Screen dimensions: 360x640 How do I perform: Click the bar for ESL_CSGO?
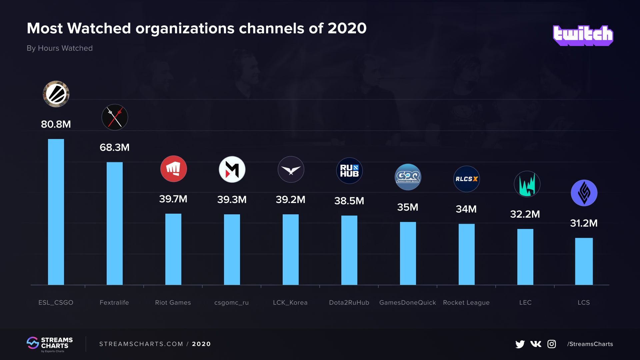[56, 212]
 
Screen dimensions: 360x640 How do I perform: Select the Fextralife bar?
[115, 223]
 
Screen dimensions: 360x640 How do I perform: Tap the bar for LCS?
[584, 261]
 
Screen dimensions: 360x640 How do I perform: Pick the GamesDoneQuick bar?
[408, 253]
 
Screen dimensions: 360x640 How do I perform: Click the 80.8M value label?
[56, 124]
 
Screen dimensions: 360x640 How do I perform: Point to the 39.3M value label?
[232, 200]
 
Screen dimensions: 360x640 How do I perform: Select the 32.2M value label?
[525, 214]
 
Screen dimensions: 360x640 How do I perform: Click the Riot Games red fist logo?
[173, 169]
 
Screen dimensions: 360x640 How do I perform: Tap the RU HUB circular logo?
[349, 171]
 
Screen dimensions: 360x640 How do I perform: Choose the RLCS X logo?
[467, 179]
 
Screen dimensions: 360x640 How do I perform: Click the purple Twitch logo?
[583, 35]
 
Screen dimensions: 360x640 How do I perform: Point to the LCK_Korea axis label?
[290, 303]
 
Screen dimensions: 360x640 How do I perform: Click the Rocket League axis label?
[466, 303]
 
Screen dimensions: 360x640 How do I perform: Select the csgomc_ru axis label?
[232, 303]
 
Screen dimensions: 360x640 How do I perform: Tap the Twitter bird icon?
[520, 344]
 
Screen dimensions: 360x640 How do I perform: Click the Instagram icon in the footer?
[552, 344]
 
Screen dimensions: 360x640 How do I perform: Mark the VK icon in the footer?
[536, 344]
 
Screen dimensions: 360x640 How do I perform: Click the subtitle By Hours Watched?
[60, 48]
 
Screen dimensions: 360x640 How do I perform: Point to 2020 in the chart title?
[347, 28]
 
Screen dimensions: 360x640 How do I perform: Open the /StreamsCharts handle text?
[590, 344]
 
